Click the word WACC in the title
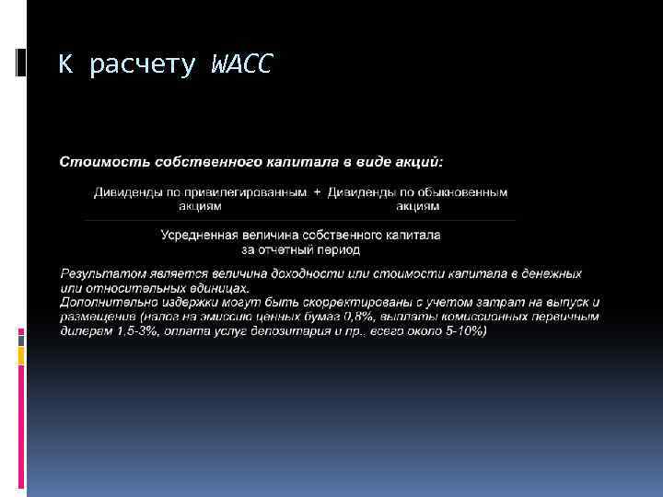(x=241, y=65)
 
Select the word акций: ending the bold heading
(x=416, y=162)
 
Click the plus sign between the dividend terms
(x=318, y=192)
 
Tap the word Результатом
(x=97, y=274)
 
